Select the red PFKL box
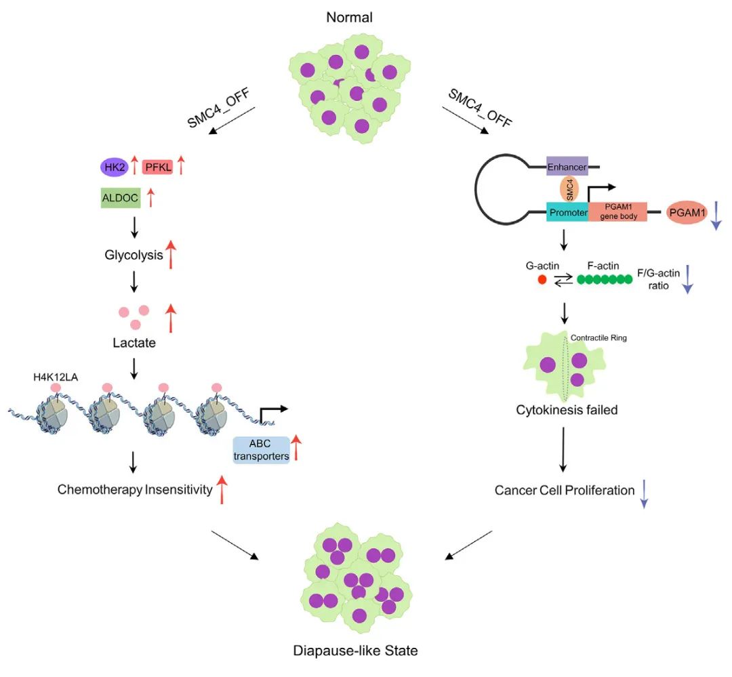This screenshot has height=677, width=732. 158,166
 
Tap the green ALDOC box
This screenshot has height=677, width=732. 119,199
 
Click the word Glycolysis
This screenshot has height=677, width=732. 133,255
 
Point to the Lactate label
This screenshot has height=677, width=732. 134,343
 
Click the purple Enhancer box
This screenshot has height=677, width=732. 567,165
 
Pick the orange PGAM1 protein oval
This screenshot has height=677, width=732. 687,213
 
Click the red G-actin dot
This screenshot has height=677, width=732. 541,279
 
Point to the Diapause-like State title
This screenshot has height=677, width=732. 355,651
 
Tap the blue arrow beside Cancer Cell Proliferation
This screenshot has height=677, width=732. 644,493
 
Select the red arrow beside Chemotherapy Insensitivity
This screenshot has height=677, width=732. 221,489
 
